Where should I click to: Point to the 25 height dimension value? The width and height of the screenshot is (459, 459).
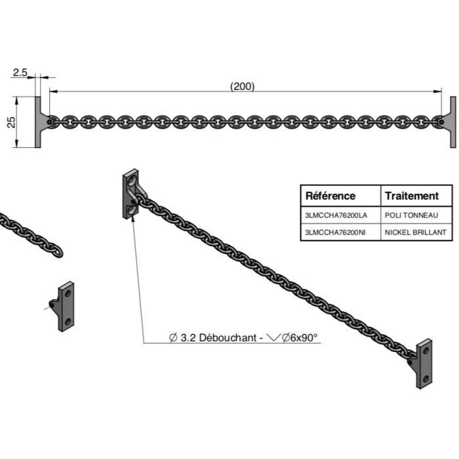[x=11, y=122]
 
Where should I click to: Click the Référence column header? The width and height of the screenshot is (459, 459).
[x=331, y=196]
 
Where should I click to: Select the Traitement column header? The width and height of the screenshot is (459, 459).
[x=411, y=196]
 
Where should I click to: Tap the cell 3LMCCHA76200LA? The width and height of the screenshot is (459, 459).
[x=336, y=215]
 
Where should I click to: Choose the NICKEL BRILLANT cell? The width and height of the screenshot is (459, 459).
[x=416, y=232]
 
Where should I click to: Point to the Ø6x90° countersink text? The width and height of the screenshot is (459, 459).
[x=296, y=338]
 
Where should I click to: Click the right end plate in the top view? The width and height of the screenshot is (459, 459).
[x=452, y=121]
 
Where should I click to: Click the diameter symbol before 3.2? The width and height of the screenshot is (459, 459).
[x=173, y=338]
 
